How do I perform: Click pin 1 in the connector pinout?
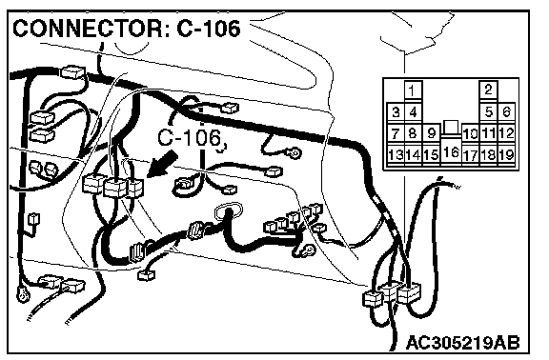point(413,91)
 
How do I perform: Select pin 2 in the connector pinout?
point(488,90)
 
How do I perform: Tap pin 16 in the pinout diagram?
point(451,151)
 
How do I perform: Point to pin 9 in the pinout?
point(432,133)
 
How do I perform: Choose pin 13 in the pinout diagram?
point(396,154)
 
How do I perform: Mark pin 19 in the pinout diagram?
point(506,154)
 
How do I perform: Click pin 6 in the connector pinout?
point(506,112)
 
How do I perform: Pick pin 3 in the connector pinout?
point(396,112)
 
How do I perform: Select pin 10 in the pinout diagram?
point(470,133)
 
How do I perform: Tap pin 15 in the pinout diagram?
point(432,154)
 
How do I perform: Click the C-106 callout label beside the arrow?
point(190,137)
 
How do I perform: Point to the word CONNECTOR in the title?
point(88,28)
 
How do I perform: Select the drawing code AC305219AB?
point(463,343)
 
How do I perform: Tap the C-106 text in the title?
point(209,28)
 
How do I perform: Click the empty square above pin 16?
point(451,127)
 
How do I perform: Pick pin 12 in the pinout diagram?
point(506,133)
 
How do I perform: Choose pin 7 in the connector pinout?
point(396,133)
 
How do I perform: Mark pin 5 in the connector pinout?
point(488,112)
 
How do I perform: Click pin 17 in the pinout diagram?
point(470,154)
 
